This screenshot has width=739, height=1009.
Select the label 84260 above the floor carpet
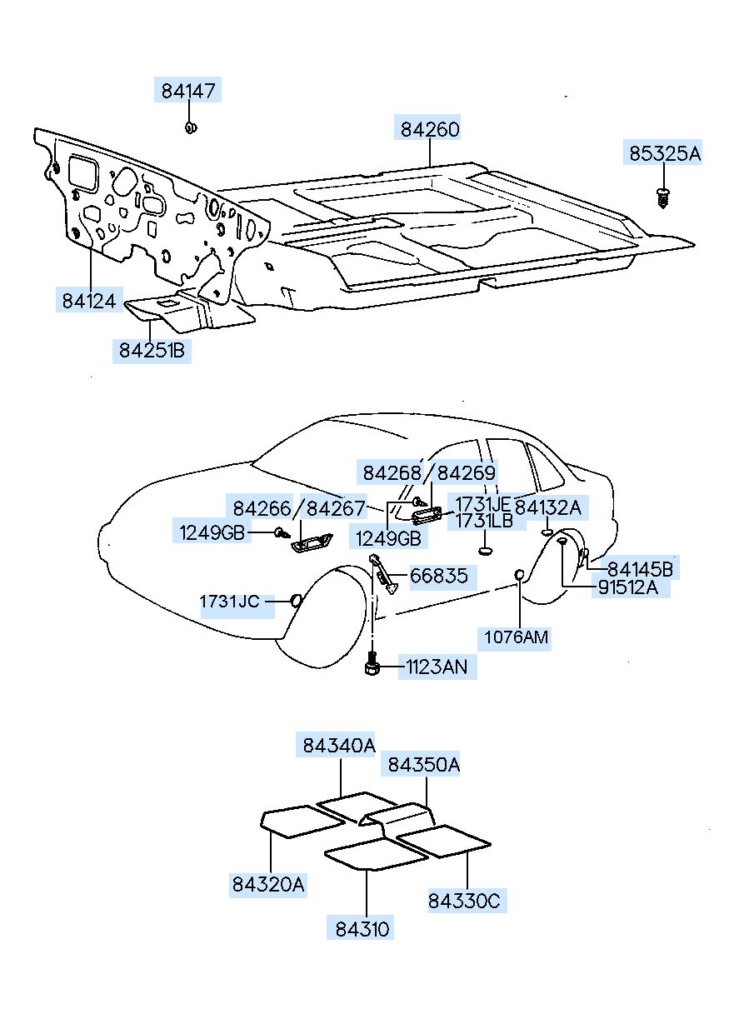point(430,130)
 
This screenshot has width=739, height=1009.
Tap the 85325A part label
point(664,154)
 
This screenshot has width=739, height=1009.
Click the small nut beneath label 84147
point(190,127)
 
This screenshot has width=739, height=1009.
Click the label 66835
point(439,576)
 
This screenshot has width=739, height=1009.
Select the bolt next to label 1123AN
point(372,666)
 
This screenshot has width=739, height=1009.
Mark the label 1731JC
point(230,602)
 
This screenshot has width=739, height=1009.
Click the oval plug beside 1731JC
point(295,601)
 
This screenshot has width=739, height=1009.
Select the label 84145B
point(640,570)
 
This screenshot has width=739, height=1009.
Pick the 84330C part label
point(467,901)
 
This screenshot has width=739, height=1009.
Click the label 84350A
point(422,764)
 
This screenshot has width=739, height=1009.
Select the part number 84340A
point(339,746)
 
